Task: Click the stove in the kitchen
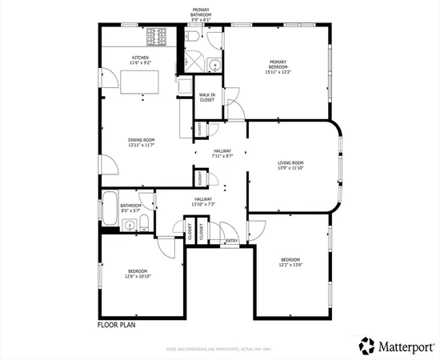click(154, 36)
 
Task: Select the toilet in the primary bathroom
click(194, 39)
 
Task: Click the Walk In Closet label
click(207, 97)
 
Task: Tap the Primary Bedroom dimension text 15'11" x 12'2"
click(278, 72)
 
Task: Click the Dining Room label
click(141, 140)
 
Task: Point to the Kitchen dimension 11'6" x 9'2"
click(141, 63)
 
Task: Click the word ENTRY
click(232, 241)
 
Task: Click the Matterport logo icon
click(366, 345)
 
